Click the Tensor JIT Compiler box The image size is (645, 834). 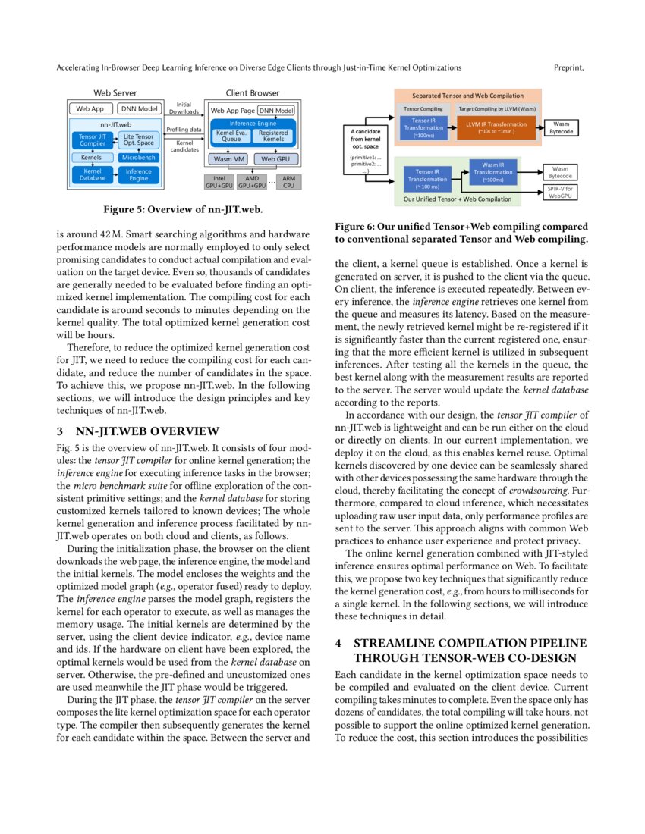pos(93,140)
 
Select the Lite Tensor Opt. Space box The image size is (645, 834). pos(139,140)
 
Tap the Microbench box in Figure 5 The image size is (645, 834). pos(139,158)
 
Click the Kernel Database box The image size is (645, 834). pos(93,175)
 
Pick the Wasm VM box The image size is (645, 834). pos(228,159)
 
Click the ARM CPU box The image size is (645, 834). pos(288,181)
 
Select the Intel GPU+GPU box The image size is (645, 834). pos(219,181)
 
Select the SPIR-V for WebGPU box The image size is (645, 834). pos(560,193)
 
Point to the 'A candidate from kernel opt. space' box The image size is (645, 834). pos(366,149)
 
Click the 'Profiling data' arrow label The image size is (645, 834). pos(184,130)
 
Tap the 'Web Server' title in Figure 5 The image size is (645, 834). pos(115,93)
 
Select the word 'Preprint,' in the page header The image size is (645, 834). pos(570,67)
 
